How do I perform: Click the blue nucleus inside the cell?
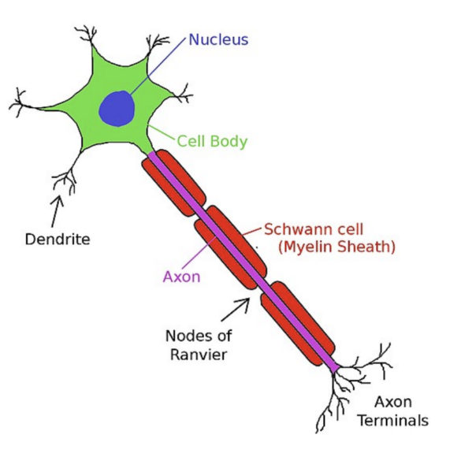tap(117, 109)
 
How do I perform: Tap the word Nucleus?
tap(218, 39)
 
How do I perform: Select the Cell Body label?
tap(212, 141)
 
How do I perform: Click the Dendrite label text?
tap(58, 240)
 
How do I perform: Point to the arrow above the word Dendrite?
tap(57, 212)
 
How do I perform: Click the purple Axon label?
tap(182, 277)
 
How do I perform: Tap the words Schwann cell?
tap(314, 229)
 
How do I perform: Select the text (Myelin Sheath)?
tap(337, 247)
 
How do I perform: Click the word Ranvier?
tap(199, 355)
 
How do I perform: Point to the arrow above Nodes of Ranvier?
tap(236, 310)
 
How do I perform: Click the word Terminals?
tap(393, 421)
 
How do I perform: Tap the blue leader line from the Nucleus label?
tap(158, 66)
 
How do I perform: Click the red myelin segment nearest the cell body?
tap(173, 183)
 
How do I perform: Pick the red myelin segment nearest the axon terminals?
tap(298, 323)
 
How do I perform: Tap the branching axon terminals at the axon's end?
tap(353, 385)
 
